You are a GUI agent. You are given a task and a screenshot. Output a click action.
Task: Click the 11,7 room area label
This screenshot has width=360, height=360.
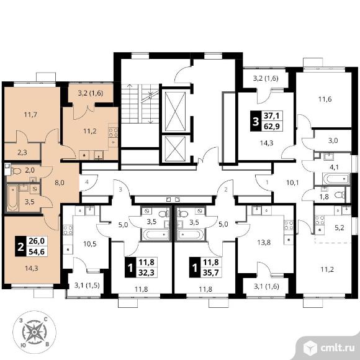(x=30, y=114)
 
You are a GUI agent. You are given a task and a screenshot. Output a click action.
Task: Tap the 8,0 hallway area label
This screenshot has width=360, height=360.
(x=59, y=182)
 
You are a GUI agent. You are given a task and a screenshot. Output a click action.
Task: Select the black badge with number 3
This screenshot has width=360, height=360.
(x=255, y=121)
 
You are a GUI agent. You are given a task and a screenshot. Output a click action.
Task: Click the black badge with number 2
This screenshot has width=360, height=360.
(x=20, y=246)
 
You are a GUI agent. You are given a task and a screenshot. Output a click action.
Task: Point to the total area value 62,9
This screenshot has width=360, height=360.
(x=272, y=126)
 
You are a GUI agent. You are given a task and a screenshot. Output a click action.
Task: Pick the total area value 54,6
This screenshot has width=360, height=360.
(x=37, y=251)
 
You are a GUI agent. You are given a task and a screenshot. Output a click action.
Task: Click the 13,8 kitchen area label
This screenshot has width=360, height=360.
(x=264, y=243)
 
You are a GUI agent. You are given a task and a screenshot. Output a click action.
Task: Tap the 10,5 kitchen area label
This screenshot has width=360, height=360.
(x=90, y=244)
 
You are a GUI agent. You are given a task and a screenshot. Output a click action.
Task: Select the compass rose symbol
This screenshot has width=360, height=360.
(x=34, y=332)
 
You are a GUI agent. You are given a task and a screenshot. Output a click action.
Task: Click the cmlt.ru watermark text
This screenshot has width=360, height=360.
(x=338, y=348)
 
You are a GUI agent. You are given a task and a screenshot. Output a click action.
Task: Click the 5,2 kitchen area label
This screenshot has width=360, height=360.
(x=340, y=228)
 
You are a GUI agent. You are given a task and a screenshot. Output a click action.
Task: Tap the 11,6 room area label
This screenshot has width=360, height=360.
(x=325, y=99)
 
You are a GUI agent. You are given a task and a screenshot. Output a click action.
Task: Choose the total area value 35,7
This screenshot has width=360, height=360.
(x=211, y=272)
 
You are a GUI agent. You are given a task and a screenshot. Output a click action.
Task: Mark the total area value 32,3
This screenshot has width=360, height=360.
(x=146, y=272)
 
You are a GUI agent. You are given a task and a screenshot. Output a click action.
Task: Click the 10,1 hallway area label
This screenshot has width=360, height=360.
(x=292, y=182)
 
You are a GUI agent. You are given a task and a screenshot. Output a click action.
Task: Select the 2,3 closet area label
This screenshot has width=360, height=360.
(x=22, y=152)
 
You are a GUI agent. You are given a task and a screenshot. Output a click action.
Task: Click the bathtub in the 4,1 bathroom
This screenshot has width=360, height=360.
(x=336, y=179)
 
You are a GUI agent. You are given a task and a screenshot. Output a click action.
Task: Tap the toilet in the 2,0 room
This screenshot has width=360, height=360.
(x=16, y=171)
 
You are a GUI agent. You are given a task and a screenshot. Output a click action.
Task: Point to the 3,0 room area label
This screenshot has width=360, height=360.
(x=333, y=140)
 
